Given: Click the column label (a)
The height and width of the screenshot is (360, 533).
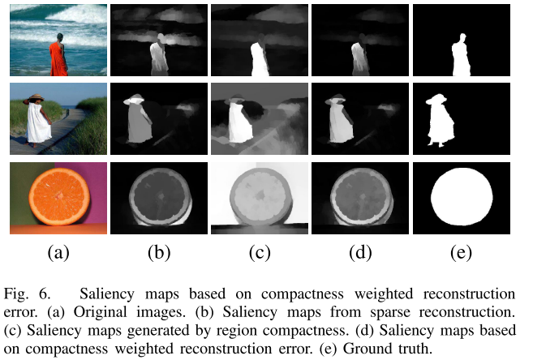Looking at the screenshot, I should point(57,252).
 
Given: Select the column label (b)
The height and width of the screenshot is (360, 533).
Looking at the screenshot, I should point(158,252).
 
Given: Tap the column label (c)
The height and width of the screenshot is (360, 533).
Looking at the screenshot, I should point(259,252).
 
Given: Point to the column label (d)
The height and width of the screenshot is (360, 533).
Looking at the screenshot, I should point(359,252).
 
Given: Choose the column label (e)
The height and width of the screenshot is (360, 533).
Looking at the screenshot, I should point(461,252).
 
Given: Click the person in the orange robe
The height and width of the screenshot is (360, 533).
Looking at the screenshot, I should point(57,57).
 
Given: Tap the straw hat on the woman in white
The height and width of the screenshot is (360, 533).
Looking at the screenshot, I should point(36,99).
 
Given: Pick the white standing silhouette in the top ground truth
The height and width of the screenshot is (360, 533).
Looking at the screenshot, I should point(459,55).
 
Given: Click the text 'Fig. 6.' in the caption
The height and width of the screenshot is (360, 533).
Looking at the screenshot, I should point(28,291).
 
